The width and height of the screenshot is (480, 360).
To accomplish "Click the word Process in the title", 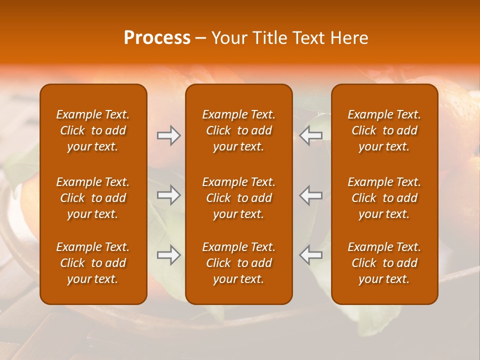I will [157, 38].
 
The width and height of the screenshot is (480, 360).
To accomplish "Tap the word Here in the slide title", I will [349, 38].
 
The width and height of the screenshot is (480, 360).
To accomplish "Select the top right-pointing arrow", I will [168, 135].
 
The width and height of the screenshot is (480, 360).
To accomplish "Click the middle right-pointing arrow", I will [168, 195].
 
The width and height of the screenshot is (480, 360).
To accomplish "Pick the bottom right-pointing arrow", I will [168, 255].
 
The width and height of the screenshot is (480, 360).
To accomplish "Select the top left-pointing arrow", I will [311, 135].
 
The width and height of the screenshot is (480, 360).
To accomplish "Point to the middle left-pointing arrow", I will [311, 195].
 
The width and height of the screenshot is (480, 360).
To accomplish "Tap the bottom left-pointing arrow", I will [311, 255].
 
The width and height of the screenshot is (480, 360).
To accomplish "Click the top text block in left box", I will [93, 130].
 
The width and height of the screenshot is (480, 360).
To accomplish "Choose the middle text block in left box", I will [93, 198].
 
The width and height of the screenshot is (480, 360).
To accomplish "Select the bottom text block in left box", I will [93, 263].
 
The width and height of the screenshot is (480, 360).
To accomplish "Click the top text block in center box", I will [239, 130].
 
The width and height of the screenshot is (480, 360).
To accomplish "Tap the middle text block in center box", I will [239, 198].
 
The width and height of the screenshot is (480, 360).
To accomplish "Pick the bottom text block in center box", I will [239, 263].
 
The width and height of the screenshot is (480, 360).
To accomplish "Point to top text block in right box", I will [384, 130].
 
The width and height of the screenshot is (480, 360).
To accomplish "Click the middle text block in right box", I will [384, 198].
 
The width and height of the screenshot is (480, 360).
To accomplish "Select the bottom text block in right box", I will [384, 263].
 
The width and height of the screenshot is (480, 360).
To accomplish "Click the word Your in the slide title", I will [227, 38].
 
